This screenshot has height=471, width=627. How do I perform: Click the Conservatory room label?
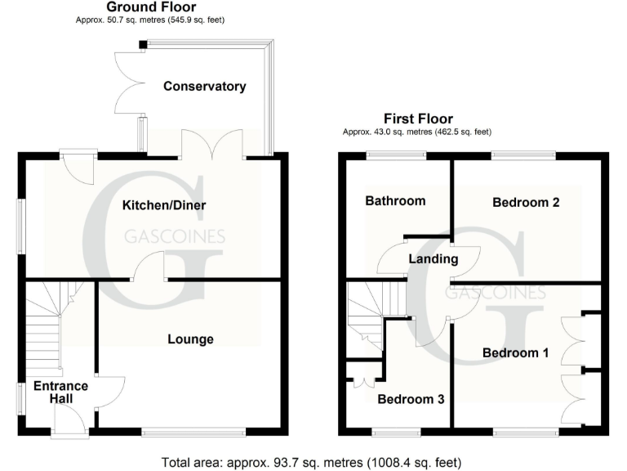[x=204, y=86]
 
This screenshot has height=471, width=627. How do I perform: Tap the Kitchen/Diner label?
[x=163, y=205]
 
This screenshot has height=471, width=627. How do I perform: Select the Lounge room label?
[x=190, y=339]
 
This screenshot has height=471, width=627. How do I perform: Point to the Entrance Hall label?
[x=60, y=392]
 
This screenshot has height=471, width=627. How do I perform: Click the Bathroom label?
[x=395, y=200]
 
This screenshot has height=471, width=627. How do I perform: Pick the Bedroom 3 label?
[x=411, y=399]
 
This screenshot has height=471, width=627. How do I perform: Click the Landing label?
[x=434, y=259]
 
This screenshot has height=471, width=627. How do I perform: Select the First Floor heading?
[x=418, y=119]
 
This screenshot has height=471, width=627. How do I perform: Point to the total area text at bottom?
[x=312, y=462]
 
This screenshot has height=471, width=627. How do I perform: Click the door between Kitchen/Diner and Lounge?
[x=149, y=269]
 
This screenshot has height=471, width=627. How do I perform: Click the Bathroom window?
[x=396, y=155]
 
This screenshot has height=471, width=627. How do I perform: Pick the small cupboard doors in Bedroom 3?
[x=360, y=380]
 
